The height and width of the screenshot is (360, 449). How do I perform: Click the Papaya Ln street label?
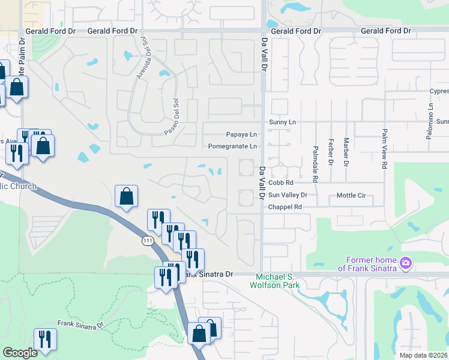[x=241, y=134]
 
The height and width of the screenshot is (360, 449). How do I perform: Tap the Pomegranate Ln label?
[x=232, y=146]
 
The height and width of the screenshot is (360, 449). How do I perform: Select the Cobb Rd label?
[x=280, y=183]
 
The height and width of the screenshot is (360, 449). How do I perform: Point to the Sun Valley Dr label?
[x=288, y=195]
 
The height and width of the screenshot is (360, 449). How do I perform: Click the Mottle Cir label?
[x=351, y=195]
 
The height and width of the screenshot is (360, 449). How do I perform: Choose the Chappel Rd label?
[x=285, y=206]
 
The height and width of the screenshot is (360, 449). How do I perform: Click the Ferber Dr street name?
[x=331, y=154]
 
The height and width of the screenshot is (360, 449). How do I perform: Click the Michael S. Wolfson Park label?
[x=275, y=281]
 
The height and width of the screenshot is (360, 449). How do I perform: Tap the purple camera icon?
[x=406, y=263]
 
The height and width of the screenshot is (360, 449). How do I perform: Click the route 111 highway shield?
[x=147, y=241]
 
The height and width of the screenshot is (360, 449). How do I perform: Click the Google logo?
[x=20, y=353]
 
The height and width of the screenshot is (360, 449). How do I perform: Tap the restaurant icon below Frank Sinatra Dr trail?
[x=44, y=339]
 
